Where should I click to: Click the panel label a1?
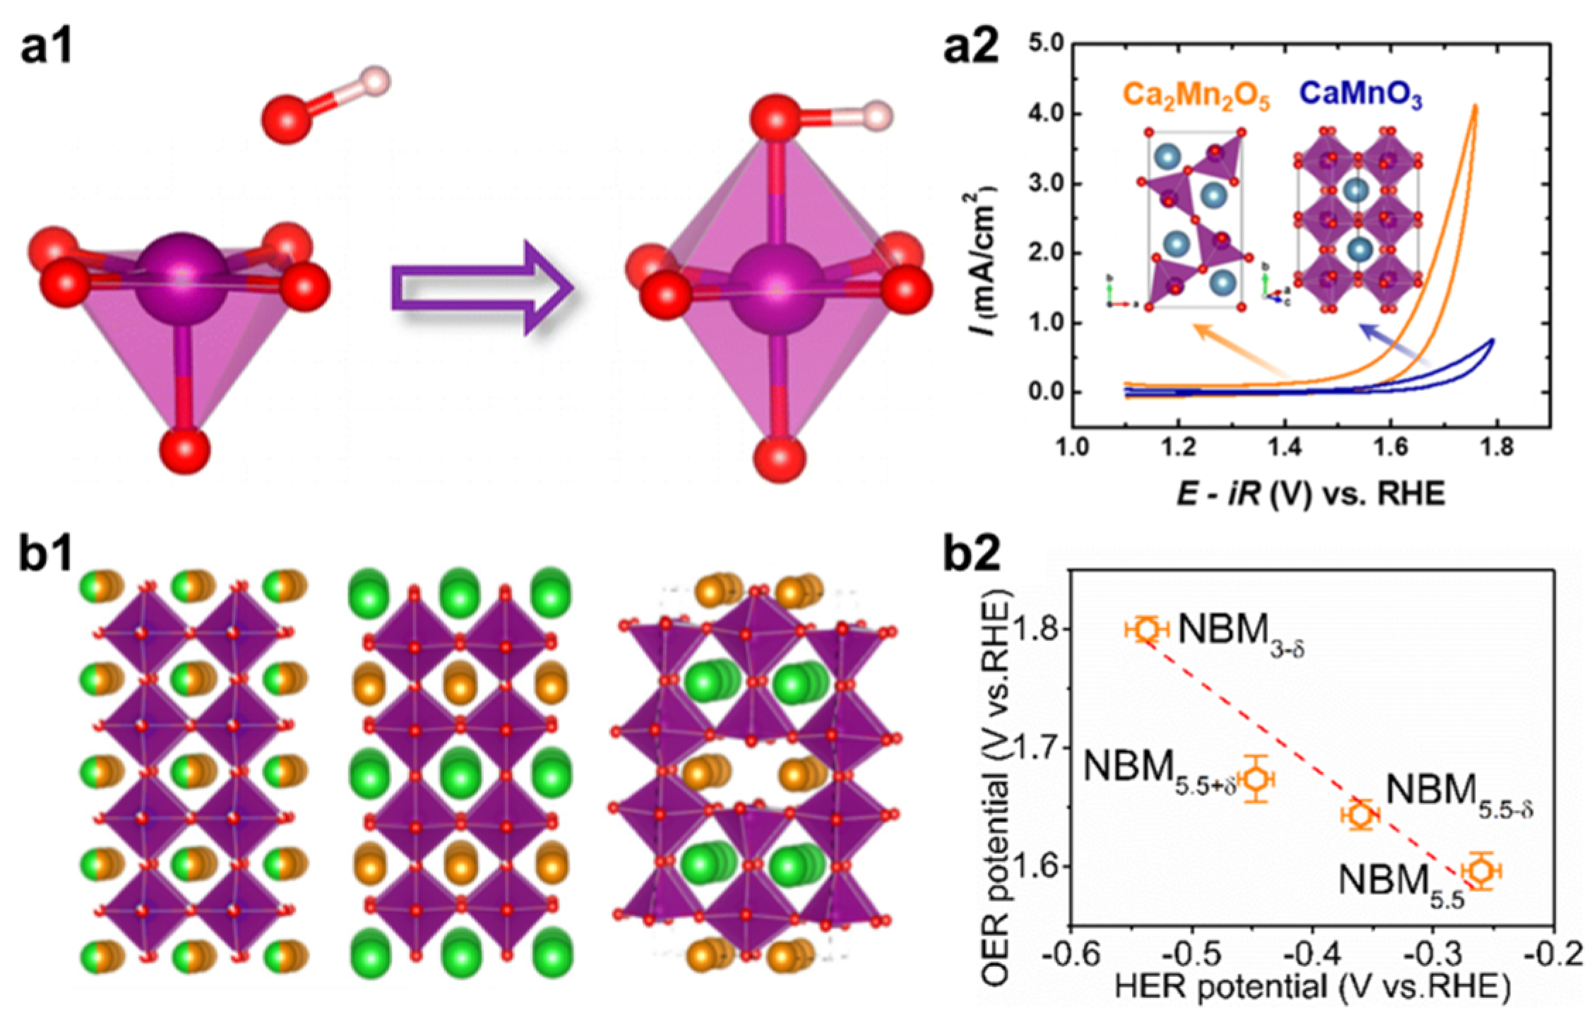[x=47, y=48]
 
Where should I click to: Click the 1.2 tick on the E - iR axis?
[x=1178, y=449]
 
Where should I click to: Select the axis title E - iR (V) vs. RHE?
[x=1311, y=493]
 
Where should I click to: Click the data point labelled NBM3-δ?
[x=1147, y=628]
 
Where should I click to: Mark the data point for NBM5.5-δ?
[x=1361, y=815]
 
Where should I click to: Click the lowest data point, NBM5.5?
[x=1481, y=871]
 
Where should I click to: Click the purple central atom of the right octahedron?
[x=777, y=289]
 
